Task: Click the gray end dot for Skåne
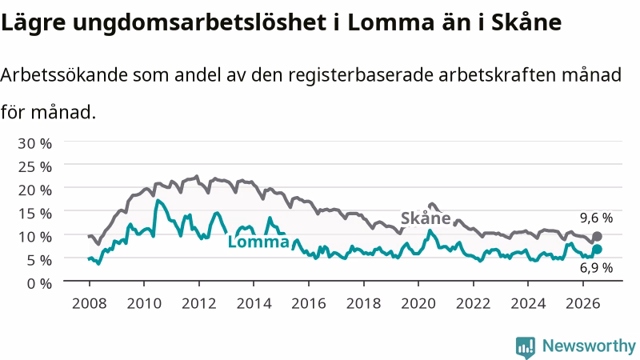[x=597, y=236]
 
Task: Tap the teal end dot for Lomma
[x=597, y=250]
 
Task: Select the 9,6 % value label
[x=596, y=218]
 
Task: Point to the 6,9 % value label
[x=596, y=268]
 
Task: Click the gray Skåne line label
[x=426, y=218]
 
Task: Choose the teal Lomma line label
[x=258, y=242]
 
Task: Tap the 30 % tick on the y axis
[x=34, y=143]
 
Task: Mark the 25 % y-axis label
[x=34, y=166]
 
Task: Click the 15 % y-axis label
[x=34, y=213]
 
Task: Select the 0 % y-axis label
[x=39, y=283]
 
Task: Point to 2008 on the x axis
[x=90, y=303]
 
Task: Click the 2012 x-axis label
[x=199, y=303]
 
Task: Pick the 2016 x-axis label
[x=309, y=303]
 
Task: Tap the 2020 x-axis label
[x=418, y=303]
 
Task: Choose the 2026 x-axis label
[x=583, y=303]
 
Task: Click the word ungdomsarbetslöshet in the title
[x=199, y=23]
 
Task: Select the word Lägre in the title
[x=33, y=23]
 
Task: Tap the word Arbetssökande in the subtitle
[x=64, y=74]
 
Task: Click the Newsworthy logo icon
[x=526, y=347]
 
